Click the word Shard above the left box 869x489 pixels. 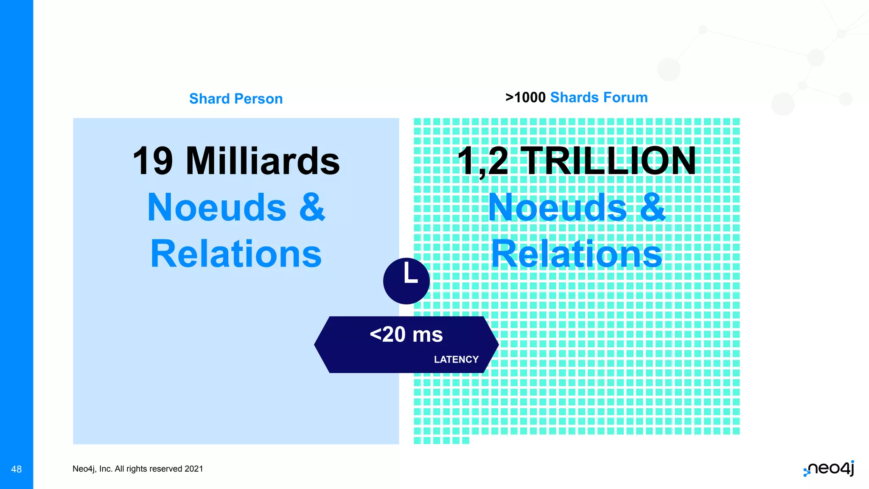pyautogui.click(x=209, y=99)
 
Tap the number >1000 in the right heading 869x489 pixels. pyautogui.click(x=525, y=98)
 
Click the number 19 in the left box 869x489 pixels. pyautogui.click(x=153, y=161)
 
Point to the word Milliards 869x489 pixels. pyautogui.click(x=263, y=161)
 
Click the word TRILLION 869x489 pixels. pyautogui.click(x=608, y=161)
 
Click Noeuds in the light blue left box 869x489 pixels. pyautogui.click(x=217, y=208)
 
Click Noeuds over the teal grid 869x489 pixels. pyautogui.click(x=557, y=208)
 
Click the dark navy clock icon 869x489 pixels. pyautogui.click(x=406, y=281)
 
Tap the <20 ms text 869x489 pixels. pyautogui.click(x=406, y=334)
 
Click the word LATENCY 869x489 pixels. pyautogui.click(x=456, y=360)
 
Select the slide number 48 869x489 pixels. pyautogui.click(x=17, y=469)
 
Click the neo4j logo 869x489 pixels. pyautogui.click(x=829, y=469)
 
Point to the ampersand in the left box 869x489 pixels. pyautogui.click(x=312, y=208)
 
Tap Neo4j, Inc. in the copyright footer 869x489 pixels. pyautogui.click(x=92, y=469)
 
